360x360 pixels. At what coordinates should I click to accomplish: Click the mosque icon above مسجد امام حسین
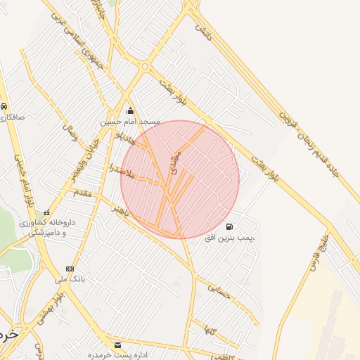pyautogui.click(x=130, y=111)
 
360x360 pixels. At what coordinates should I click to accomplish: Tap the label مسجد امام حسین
pyautogui.click(x=130, y=122)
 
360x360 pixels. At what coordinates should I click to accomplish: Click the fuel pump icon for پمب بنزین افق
pyautogui.click(x=230, y=226)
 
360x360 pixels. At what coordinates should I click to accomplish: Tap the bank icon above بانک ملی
pyautogui.click(x=69, y=269)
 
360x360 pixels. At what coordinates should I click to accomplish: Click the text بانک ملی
pyautogui.click(x=70, y=279)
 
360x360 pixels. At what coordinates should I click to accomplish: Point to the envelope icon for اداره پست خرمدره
pyautogui.click(x=117, y=345)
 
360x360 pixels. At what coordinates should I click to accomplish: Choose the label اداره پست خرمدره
pyautogui.click(x=117, y=355)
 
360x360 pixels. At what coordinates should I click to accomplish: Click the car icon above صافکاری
pyautogui.click(x=4, y=107)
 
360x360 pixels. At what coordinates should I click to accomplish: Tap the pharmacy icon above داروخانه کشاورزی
pyautogui.click(x=47, y=213)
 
